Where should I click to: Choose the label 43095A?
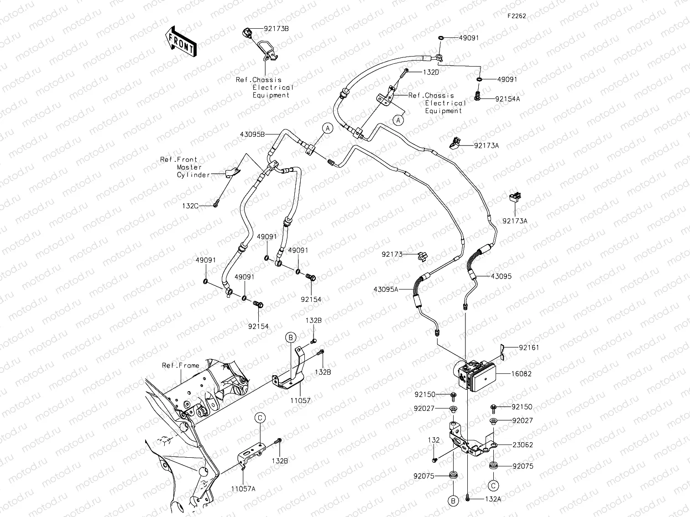coord(386,289)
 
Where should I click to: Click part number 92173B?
coord(276,29)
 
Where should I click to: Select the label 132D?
coord(431,72)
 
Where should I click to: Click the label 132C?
coord(190,206)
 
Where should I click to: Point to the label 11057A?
coord(243,489)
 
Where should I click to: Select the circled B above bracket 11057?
coord(291,337)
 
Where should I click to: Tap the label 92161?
coord(528,347)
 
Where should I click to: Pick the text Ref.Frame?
coord(180,366)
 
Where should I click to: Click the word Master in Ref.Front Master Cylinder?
coord(189,167)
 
